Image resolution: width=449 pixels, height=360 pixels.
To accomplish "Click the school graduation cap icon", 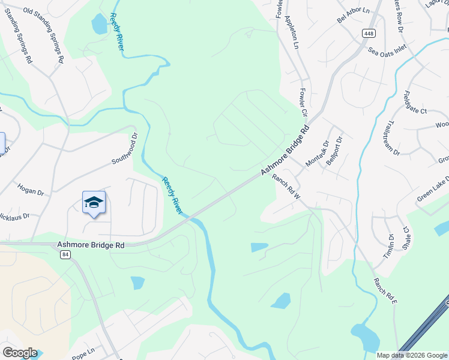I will coord(94,202).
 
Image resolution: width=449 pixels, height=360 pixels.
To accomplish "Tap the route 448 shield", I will coord(367,34).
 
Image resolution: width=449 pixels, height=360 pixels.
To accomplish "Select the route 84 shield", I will coord(65,254).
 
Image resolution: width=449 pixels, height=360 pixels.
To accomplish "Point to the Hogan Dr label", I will coord(31,190).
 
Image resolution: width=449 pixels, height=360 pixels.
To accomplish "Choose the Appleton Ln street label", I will coord(292,32).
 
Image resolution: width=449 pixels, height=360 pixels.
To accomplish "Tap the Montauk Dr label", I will coord(318,154).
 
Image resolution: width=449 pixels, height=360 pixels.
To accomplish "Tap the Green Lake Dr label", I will coord(433,190).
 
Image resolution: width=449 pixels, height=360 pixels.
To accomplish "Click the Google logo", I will coord(20,353).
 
